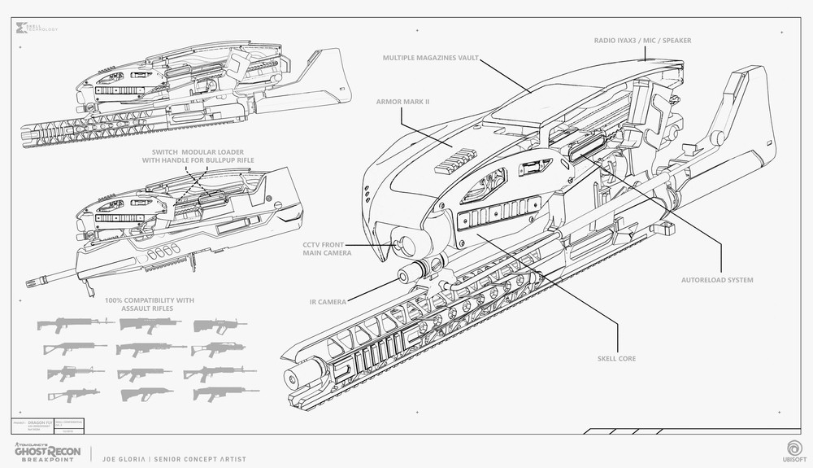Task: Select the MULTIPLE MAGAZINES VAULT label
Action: click(x=432, y=59)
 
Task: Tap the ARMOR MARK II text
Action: click(x=404, y=103)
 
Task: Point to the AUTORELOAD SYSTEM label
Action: click(x=716, y=280)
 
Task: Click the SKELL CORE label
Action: click(x=615, y=358)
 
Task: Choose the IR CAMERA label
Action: click(x=328, y=301)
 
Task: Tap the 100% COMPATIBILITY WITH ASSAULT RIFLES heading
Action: click(x=150, y=304)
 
